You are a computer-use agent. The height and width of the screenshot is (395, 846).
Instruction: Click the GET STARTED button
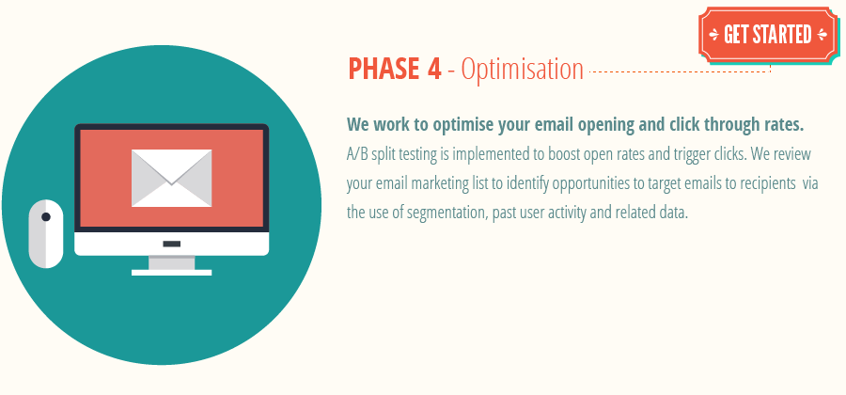tap(767, 36)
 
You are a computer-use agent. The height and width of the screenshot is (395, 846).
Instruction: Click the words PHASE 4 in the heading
tap(394, 70)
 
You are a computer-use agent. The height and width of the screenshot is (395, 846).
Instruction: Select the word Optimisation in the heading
tap(523, 70)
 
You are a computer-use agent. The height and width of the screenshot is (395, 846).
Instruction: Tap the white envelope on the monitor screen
tap(171, 178)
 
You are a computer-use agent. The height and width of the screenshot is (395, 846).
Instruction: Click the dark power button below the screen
tap(171, 244)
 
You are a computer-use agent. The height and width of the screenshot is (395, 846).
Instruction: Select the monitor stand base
tap(171, 272)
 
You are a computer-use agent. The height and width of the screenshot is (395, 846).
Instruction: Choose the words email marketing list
tap(425, 182)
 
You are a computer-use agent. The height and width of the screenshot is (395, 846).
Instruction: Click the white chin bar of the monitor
tap(171, 244)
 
